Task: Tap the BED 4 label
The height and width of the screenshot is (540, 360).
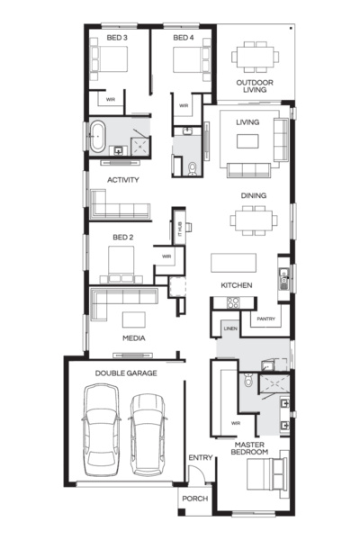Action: coord(184,39)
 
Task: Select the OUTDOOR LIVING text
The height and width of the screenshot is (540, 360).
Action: coord(255,86)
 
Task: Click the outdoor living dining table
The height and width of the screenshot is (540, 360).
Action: coord(255,57)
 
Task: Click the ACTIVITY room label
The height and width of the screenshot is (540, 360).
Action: coord(122,180)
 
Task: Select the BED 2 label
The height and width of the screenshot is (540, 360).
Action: coord(123,238)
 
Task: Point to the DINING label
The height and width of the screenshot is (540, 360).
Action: coord(253,195)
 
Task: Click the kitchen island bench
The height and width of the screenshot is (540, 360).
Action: coord(233,263)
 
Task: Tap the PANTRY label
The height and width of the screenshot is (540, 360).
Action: coord(265,319)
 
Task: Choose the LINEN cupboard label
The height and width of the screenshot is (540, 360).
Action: coord(230,329)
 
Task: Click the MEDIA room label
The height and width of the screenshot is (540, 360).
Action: coord(134,338)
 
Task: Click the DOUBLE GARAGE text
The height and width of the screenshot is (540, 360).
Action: coord(126,372)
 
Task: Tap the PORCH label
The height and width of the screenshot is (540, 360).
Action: coord(194,498)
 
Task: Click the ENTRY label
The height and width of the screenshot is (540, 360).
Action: coord(200,458)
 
